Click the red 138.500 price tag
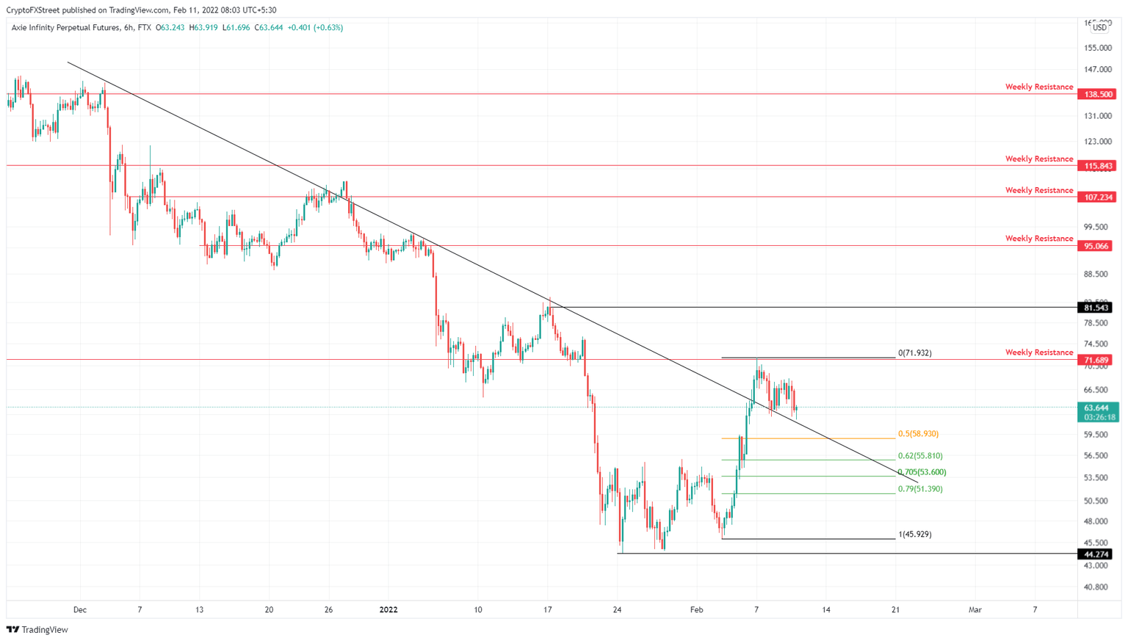tap(1096, 95)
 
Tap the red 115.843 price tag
tap(1096, 166)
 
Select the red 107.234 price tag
tap(1096, 198)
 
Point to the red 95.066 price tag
tap(1095, 247)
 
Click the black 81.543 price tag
tap(1095, 308)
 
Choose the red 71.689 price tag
tap(1095, 361)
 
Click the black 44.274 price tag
tap(1095, 554)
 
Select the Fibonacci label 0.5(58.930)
tap(918, 434)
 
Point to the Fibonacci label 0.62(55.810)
tap(920, 456)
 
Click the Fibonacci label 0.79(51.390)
tap(920, 489)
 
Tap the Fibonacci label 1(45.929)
tap(915, 535)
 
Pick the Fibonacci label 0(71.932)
tap(915, 353)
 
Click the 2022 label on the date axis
tap(388, 610)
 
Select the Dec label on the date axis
tap(80, 610)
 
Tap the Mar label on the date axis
tap(975, 610)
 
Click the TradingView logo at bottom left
tap(37, 630)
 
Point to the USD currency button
tap(1099, 28)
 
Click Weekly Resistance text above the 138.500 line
tap(1038, 87)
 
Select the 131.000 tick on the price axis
tap(1098, 116)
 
